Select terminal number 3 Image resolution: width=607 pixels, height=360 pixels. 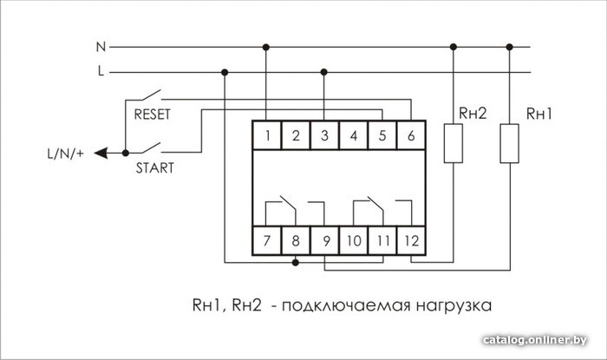[323, 134]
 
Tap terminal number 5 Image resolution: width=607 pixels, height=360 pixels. [382, 134]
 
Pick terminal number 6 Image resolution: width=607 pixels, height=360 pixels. [410, 134]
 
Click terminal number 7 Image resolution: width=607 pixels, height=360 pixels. [268, 239]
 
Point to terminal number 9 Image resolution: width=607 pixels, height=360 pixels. [324, 239]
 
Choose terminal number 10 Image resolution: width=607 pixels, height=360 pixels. [353, 239]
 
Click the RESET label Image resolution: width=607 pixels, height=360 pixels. [153, 113]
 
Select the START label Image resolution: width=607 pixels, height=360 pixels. [154, 168]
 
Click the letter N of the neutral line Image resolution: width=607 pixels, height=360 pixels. [100, 46]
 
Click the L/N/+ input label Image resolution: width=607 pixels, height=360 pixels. [65, 154]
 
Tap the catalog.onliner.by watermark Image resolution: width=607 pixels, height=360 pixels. [537, 338]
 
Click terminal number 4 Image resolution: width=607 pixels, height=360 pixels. [353, 134]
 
